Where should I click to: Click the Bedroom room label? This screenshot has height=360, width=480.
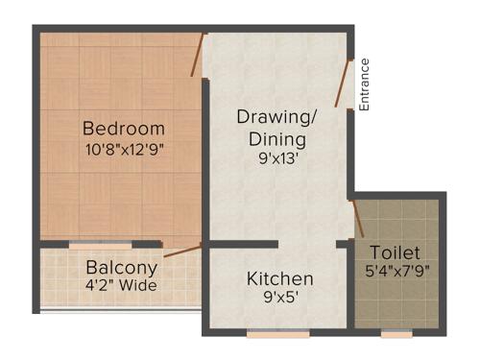tap(123, 129)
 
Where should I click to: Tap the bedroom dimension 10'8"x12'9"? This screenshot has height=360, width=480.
tap(123, 150)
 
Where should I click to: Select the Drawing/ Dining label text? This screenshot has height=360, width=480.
tap(277, 128)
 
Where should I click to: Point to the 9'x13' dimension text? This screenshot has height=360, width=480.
tap(277, 160)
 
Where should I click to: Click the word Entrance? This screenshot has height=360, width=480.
tap(364, 84)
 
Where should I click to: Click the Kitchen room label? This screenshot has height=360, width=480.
tap(280, 278)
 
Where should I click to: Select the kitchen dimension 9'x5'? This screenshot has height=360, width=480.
tap(279, 298)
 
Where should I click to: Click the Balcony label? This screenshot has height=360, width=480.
tap(121, 267)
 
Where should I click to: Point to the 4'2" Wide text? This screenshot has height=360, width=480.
tap(121, 285)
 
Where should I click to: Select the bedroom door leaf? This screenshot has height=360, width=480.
tap(198, 56)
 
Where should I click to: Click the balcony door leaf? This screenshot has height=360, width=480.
tap(182, 251)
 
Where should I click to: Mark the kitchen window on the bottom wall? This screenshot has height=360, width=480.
tap(278, 333)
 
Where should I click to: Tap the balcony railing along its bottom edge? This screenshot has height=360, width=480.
tap(121, 308)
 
